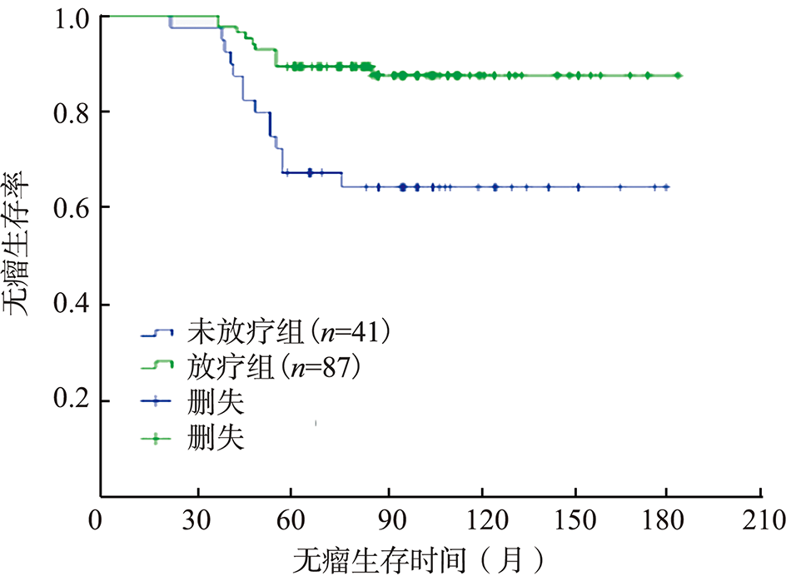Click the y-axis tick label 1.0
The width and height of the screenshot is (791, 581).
click(70, 17)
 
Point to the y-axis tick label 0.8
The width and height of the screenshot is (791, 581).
click(70, 112)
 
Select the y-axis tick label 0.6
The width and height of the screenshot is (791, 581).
click(70, 207)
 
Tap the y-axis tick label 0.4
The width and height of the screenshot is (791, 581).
click(70, 305)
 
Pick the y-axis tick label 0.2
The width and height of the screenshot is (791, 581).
click(70, 402)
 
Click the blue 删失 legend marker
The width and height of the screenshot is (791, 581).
click(156, 402)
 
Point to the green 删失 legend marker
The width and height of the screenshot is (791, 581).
click(156, 438)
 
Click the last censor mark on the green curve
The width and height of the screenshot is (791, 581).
click(678, 76)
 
